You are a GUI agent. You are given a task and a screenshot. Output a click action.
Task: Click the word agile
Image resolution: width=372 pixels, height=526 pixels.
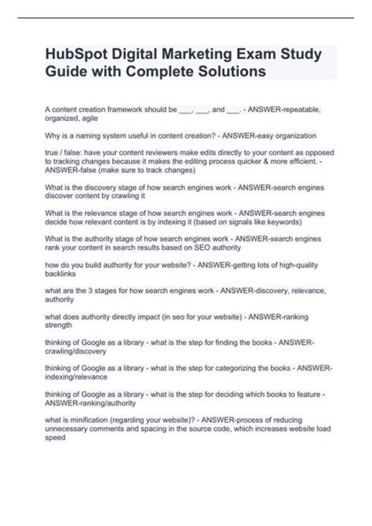89,118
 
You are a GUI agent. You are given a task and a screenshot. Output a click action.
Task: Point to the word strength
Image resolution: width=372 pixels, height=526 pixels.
58,326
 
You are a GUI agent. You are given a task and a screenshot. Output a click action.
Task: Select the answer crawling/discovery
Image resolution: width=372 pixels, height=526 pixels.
75,351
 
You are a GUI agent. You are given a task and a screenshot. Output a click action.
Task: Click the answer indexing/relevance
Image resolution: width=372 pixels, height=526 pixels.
76,377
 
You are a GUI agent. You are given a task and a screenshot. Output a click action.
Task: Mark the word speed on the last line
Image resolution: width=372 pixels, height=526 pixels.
55,437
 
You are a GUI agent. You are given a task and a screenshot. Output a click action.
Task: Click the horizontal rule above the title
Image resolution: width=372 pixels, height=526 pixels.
186,18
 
